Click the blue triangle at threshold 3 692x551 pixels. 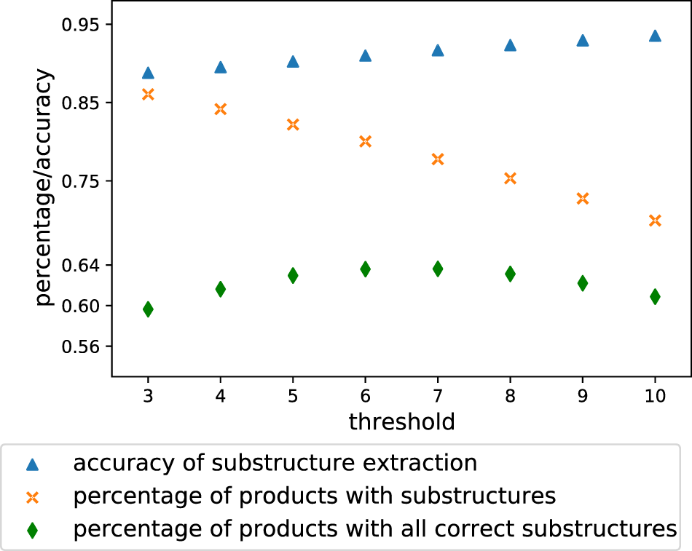(148, 73)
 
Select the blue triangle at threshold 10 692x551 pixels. (655, 36)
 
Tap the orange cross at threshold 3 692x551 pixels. (148, 94)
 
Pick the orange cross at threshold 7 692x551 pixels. (438, 159)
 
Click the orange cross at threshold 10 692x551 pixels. (655, 220)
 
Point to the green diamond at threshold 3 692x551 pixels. (148, 309)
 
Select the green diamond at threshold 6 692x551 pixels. (366, 269)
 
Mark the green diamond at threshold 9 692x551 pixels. (583, 283)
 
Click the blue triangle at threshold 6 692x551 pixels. (366, 55)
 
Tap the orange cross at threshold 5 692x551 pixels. (293, 124)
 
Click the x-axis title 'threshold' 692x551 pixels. (401, 421)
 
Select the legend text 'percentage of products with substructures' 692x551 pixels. (315, 496)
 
